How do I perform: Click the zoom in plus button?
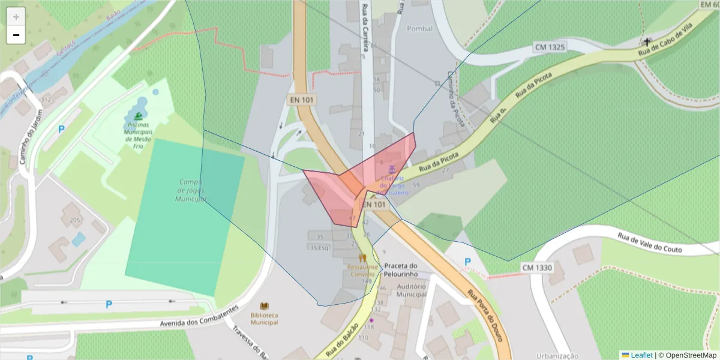coord(16,17)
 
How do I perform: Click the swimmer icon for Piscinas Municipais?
coord(139,116)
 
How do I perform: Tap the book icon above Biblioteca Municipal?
coord(264,306)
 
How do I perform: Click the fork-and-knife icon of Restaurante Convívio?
coord(362,257)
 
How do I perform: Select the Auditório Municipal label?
coord(411,290)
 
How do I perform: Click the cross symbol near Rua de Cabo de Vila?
coord(647,42)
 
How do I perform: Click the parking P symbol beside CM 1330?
coord(467,262)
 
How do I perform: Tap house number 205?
coord(75,221)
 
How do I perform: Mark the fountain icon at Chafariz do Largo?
coord(392,169)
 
